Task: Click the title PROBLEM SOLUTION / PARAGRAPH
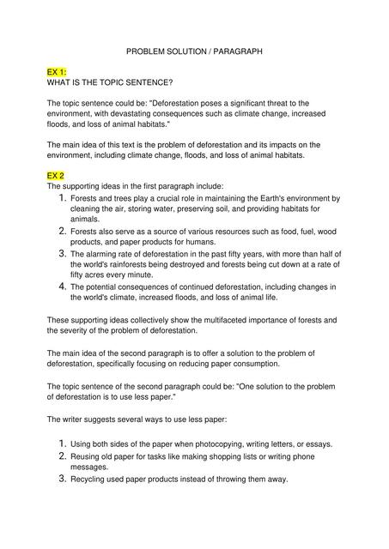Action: (193, 52)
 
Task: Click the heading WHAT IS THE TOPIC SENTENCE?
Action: (110, 83)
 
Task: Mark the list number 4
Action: (61, 286)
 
